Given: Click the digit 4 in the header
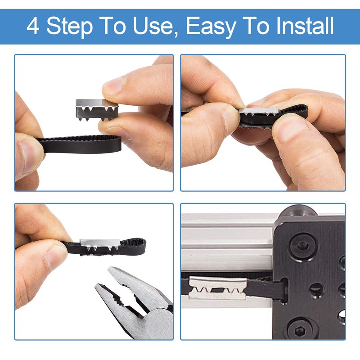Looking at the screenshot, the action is point(33,26).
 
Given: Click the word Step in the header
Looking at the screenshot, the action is point(70,27).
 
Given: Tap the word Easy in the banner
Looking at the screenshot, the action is point(211,27).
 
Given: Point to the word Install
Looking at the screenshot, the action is point(305,26).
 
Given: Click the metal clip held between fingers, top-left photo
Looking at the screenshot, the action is point(97,110).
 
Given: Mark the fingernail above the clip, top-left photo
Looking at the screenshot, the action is point(114,85).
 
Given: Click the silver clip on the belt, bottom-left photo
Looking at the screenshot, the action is point(100,244).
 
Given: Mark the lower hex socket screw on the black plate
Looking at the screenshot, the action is point(300,330).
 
